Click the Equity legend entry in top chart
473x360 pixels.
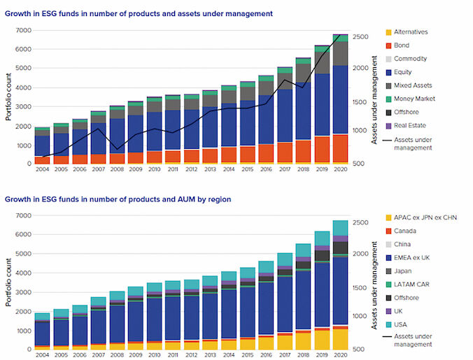402,72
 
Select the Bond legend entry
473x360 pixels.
400,45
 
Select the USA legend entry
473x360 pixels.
401,324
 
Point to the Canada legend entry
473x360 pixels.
404,231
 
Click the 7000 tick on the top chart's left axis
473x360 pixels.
23,30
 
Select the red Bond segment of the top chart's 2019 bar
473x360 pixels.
321,149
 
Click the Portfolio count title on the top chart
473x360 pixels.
9,97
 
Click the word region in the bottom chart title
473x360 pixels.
218,199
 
